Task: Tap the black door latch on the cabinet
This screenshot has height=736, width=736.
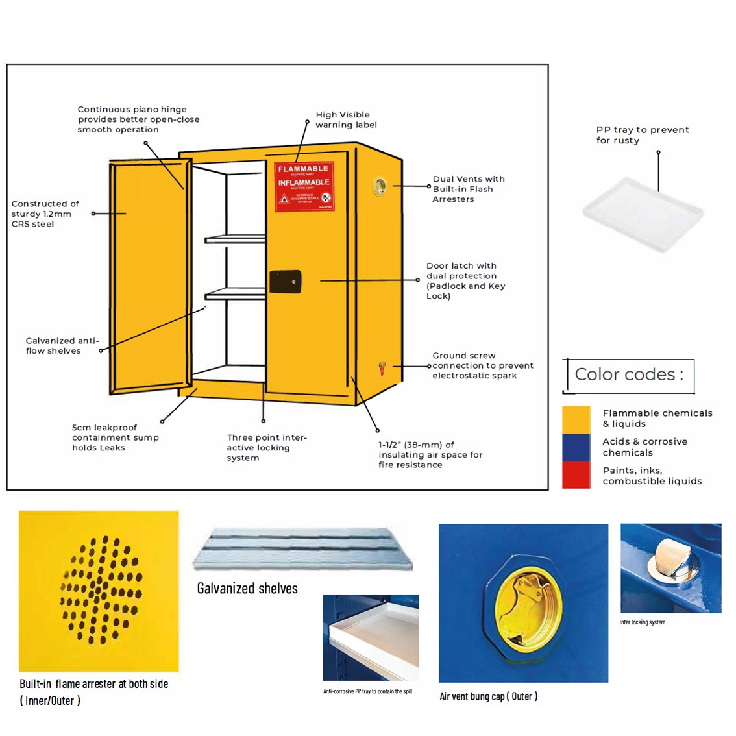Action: point(286,281)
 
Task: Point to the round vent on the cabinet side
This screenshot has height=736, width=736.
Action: point(380,187)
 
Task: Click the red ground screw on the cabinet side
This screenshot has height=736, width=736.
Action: point(382,368)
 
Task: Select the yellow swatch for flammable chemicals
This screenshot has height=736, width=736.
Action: point(576,419)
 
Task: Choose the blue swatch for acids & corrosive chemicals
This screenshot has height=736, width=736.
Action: point(576,447)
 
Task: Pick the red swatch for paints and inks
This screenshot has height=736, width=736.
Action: point(576,475)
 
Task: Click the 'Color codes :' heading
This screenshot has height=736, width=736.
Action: point(628,375)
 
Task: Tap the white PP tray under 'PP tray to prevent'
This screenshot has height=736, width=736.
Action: point(643,214)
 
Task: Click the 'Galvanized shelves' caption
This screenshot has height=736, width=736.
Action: point(247,589)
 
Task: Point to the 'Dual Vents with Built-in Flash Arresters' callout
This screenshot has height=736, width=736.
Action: point(468,189)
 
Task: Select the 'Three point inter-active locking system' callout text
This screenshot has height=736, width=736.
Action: point(266,448)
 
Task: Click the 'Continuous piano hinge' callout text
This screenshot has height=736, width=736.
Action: point(138,119)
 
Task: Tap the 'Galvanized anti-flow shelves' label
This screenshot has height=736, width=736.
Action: point(62,346)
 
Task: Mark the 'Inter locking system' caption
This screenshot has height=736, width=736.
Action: point(642,622)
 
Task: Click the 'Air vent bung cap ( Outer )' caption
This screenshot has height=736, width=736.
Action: point(488,696)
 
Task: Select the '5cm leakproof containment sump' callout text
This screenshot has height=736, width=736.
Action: point(115,437)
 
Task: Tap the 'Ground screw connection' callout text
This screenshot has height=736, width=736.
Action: point(482,365)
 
